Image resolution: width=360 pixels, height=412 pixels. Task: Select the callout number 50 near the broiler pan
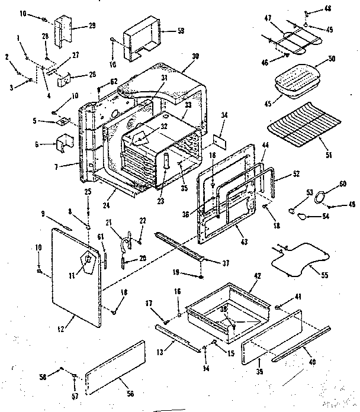pyautogui.click(x=332, y=59)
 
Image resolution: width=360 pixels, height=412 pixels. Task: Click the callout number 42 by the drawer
pyautogui.click(x=257, y=276)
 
